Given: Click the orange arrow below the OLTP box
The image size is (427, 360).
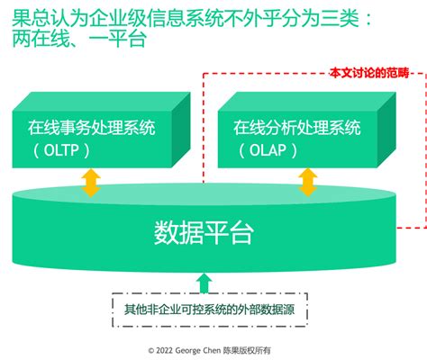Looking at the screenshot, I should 90,183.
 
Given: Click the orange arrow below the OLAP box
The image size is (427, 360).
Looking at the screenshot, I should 308,183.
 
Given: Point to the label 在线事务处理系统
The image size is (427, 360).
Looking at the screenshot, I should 91,127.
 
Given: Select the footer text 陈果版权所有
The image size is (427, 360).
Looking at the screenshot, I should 259,349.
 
